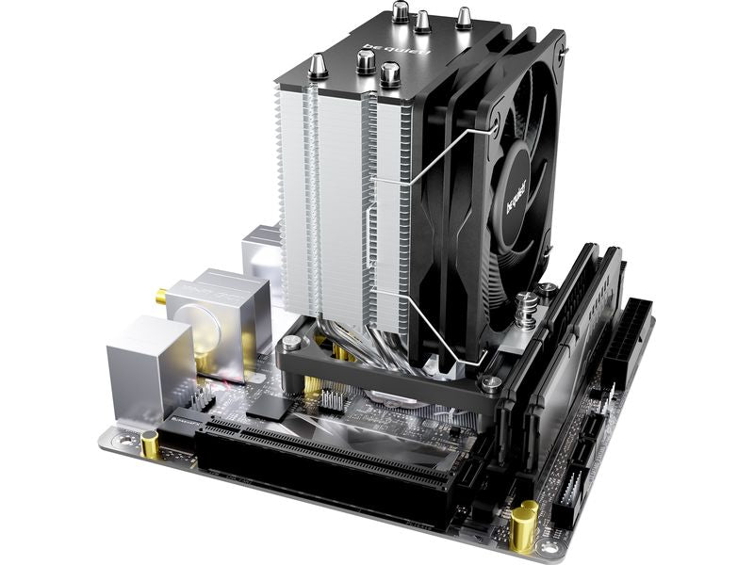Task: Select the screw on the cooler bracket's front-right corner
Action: click(491, 382)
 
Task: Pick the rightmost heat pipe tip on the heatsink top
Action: click(464, 16)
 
